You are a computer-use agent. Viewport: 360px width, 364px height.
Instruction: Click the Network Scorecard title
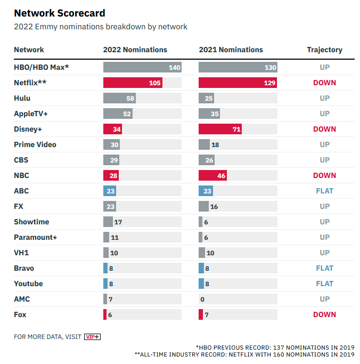click(59, 13)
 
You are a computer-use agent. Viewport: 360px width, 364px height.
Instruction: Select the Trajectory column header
click(324, 50)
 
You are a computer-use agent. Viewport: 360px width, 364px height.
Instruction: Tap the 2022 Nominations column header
click(135, 50)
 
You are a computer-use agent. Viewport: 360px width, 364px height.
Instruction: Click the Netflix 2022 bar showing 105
click(133, 83)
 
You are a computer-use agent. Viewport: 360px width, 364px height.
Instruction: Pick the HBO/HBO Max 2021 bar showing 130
click(238, 67)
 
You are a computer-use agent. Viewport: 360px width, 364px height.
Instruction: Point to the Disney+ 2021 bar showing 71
click(220, 129)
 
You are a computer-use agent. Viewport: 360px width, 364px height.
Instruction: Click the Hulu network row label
click(22, 98)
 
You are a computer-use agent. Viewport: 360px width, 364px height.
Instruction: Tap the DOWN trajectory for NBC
click(324, 175)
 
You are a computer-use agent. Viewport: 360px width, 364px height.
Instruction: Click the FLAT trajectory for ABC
click(324, 191)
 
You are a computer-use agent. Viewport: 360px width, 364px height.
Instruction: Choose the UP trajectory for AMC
click(324, 299)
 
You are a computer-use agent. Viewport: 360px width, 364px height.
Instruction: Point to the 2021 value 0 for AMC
click(202, 300)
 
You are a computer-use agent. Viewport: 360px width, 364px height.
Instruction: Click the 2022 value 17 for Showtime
click(118, 222)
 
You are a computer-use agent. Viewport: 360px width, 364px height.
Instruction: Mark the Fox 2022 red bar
click(105, 314)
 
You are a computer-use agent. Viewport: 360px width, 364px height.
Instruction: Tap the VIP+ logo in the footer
click(92, 337)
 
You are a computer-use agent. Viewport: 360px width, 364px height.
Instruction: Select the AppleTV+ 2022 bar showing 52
click(118, 114)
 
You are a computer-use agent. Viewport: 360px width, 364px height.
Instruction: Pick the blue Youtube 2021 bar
click(201, 284)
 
